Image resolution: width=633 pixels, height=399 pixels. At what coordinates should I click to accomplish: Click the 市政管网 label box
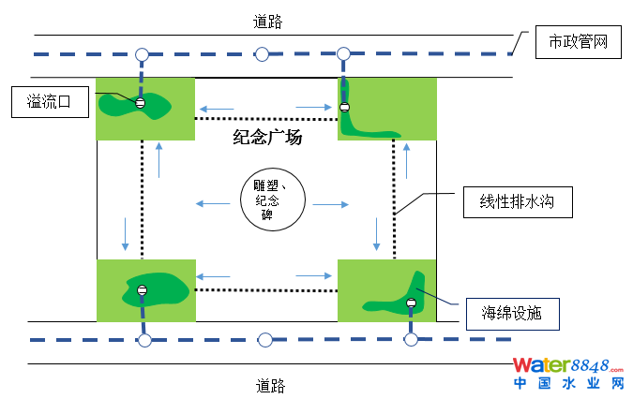[578, 42]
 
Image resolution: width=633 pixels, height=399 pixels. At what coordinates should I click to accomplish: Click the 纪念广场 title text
[267, 139]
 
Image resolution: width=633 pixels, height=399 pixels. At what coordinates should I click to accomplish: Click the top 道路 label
[268, 21]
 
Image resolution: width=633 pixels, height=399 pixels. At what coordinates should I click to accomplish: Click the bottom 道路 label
[270, 385]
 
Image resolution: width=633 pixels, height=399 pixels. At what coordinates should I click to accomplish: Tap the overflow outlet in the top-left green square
[141, 103]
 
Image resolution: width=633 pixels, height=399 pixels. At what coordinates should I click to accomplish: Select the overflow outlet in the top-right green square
[344, 108]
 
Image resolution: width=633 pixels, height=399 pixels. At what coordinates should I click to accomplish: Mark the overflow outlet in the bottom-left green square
[143, 290]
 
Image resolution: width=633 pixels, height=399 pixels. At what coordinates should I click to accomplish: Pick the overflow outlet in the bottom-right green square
[410, 303]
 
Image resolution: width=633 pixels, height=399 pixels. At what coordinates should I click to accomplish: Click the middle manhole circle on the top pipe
[263, 53]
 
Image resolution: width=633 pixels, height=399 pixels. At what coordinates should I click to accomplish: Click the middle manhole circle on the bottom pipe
[265, 339]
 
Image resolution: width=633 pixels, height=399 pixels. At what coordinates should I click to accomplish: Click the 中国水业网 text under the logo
[567, 383]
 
